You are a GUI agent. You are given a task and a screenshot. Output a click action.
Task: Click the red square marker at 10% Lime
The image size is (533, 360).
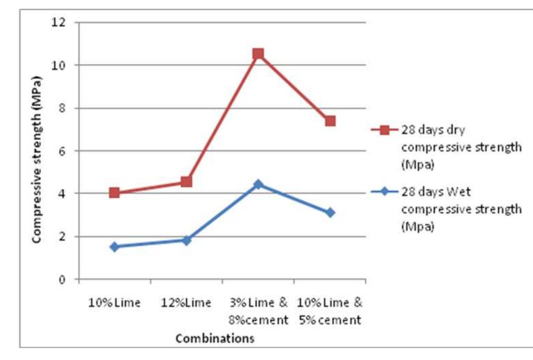[114, 193]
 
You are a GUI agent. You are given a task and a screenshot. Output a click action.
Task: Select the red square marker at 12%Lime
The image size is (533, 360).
[187, 181]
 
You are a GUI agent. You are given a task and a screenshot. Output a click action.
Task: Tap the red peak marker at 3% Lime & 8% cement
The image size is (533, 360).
[258, 53]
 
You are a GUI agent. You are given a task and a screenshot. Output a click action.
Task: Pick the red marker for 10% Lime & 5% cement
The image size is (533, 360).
[330, 121]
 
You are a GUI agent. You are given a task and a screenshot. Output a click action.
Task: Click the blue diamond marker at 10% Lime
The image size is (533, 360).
[114, 247]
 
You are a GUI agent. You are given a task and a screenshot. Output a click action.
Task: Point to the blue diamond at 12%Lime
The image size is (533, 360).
[187, 240]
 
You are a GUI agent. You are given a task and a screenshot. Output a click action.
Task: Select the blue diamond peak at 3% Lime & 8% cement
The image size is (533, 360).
[258, 184]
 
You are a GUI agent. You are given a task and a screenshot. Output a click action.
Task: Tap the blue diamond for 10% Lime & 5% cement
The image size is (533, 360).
[330, 212]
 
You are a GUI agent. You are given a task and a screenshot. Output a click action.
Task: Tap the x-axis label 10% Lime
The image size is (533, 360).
[114, 303]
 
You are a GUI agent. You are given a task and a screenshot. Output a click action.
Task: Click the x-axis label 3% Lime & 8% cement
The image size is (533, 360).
[258, 311]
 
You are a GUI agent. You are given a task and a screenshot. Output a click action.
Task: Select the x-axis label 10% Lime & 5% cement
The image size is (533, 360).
[330, 311]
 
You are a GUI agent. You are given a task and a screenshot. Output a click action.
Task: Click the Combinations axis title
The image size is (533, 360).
[215, 338]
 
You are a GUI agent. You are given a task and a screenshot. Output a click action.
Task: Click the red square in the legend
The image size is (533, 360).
[384, 130]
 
